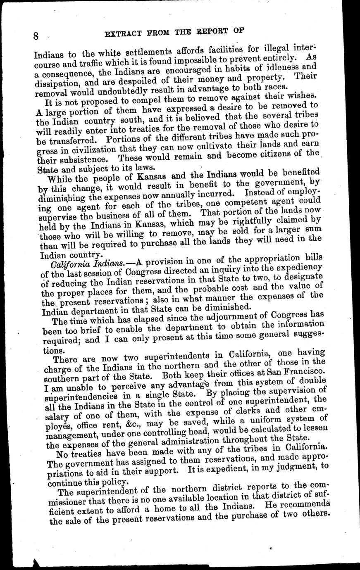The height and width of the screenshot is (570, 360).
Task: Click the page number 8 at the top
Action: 36,36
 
